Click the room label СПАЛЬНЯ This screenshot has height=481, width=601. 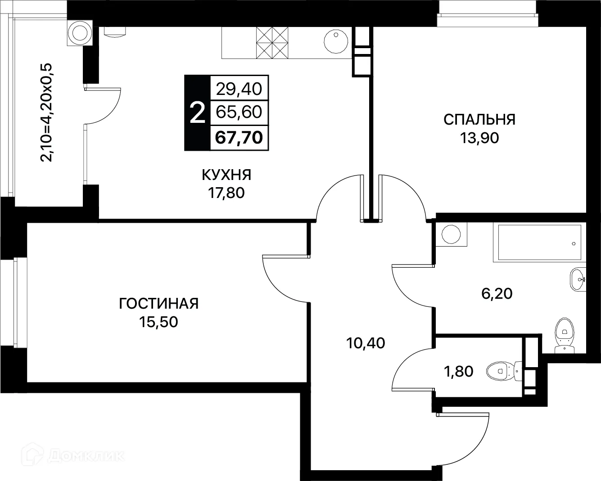tap(479, 120)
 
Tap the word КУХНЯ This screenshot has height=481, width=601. tap(226, 175)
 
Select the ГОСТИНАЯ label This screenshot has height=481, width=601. tap(158, 304)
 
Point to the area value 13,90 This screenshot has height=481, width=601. tap(479, 138)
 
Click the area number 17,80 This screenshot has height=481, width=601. tap(226, 193)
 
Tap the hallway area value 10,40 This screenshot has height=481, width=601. tap(366, 343)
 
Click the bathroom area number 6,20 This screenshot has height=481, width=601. tap(497, 294)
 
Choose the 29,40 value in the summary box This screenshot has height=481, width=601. tap(239, 89)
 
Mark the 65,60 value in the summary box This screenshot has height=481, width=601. tap(239, 112)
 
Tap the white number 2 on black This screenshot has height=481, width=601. tap(197, 112)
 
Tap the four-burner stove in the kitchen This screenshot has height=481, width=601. tap(272, 42)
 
